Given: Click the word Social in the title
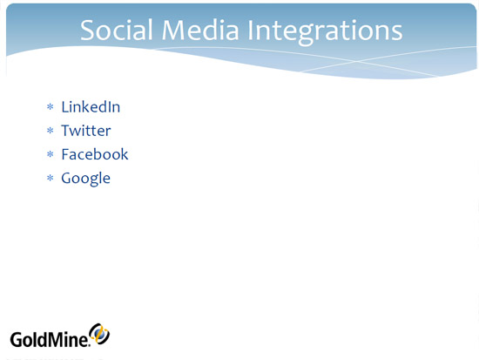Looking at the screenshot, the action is (x=117, y=30).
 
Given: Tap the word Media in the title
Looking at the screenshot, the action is (x=200, y=30).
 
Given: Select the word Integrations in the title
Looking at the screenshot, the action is (x=325, y=32).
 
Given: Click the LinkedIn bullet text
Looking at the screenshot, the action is (x=91, y=106).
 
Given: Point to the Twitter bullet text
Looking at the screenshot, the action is (x=86, y=131).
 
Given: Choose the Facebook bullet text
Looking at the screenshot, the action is (x=95, y=154).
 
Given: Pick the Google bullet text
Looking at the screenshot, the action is (x=86, y=179).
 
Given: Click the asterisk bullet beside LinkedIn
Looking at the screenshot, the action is (x=51, y=107).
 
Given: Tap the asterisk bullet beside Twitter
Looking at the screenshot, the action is (x=51, y=131).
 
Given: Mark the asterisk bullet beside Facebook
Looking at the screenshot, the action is (x=51, y=154).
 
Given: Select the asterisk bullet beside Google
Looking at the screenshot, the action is (x=51, y=178).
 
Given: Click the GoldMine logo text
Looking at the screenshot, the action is (x=50, y=339).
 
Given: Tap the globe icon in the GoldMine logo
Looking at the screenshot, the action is (x=99, y=334).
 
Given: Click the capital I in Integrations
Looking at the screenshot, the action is (x=250, y=30).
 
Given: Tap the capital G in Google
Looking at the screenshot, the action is (x=67, y=178).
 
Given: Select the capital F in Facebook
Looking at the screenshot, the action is (x=65, y=154).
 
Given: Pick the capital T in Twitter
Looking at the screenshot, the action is (x=67, y=131).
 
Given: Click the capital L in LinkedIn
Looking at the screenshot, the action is (x=65, y=107).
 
